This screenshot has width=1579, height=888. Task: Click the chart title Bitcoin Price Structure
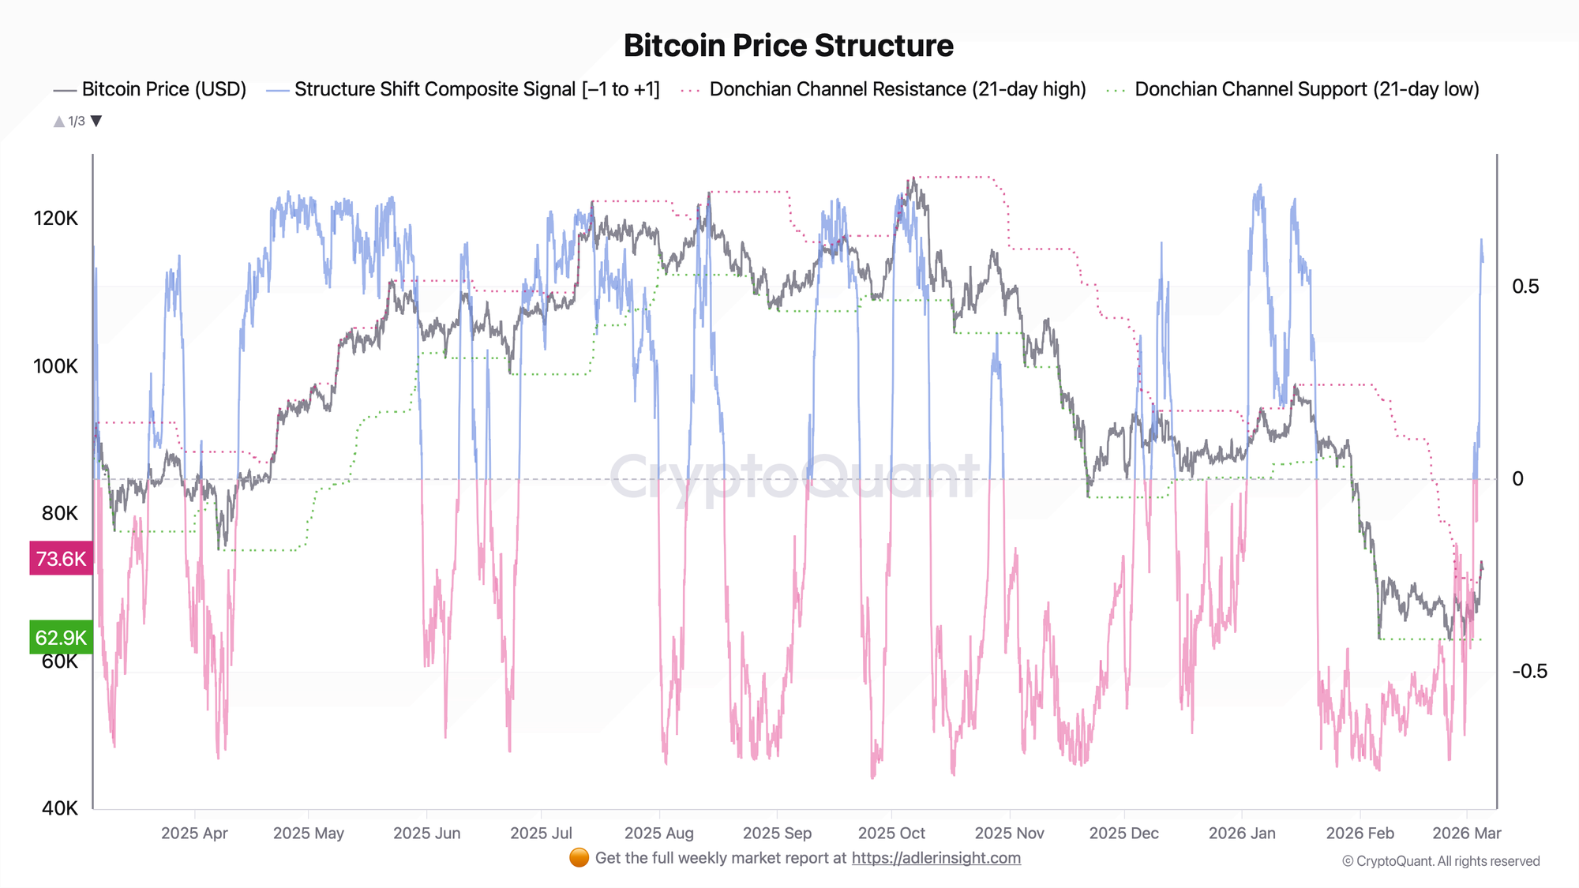pos(788,46)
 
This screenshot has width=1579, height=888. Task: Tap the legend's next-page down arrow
pos(96,121)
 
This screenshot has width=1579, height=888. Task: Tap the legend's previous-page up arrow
pos(58,121)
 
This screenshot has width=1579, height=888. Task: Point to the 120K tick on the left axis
pos(55,219)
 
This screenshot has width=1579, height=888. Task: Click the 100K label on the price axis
pos(55,366)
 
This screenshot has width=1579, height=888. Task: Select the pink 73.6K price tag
pos(61,559)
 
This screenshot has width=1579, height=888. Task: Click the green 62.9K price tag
pos(61,638)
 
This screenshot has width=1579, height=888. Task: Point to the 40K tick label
pos(60,808)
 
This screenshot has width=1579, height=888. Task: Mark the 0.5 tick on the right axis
pos(1525,287)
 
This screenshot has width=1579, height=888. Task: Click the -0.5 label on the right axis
pos(1529,672)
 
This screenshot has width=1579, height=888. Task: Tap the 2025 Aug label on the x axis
pos(658,833)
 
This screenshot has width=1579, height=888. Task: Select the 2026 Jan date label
pos(1241,833)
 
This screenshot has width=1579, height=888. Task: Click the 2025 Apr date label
pos(194,833)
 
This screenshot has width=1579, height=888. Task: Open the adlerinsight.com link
pos(936,858)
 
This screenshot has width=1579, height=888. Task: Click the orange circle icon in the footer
pos(579,858)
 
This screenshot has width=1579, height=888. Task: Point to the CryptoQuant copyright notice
pos(1441,861)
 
